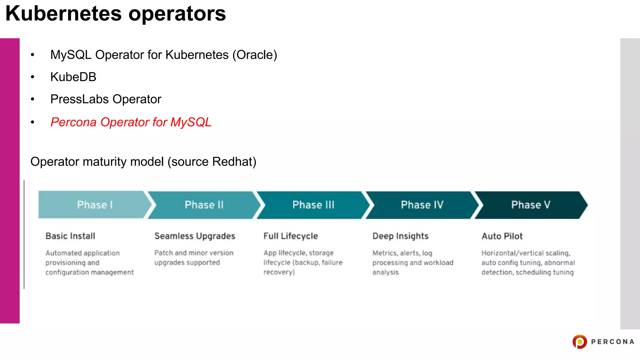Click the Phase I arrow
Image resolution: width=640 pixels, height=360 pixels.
pos(94,205)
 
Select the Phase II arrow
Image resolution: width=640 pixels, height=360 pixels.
pos(204,205)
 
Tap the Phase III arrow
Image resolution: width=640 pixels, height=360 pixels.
pos(313,205)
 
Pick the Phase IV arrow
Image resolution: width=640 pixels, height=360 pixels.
pos(422,205)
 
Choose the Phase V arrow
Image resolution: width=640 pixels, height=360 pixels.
pos(531,205)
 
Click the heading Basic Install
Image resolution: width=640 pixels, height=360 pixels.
pos(70,236)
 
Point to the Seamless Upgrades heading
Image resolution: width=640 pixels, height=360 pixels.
pos(195,236)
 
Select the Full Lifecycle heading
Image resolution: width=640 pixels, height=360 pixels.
pos(291,236)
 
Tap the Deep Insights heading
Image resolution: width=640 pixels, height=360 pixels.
pos(400,236)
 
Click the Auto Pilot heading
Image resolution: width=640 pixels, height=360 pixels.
pos(502,236)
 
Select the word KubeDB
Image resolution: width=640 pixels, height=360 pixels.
pos(73,77)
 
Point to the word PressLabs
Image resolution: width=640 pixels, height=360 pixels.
pos(80,99)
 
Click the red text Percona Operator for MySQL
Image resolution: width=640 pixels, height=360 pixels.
pos(131,122)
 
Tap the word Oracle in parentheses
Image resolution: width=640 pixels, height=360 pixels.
pos(254,55)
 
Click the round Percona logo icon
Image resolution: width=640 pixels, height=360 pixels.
pos(580,342)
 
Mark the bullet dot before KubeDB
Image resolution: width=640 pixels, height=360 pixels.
pos(32,77)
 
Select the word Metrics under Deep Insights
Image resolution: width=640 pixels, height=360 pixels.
pos(384,253)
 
